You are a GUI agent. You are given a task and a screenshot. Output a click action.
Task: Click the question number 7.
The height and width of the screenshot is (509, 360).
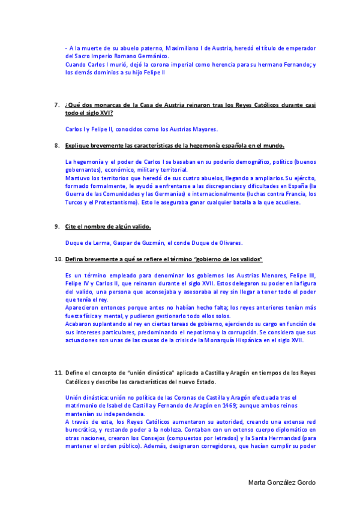click(x=56, y=105)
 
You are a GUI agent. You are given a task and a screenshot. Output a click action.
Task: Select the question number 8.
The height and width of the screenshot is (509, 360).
click(x=56, y=146)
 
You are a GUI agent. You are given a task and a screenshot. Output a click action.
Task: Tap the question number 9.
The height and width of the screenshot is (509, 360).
click(x=56, y=227)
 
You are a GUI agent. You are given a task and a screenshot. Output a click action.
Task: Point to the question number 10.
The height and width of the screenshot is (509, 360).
click(x=58, y=259)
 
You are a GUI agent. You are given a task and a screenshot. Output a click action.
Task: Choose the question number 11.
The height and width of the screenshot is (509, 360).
click(x=58, y=373)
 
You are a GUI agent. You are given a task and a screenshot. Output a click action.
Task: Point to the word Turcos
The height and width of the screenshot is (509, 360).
click(x=74, y=203)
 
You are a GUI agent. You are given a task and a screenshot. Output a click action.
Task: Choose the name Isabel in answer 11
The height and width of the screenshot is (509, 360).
click(x=113, y=406)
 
